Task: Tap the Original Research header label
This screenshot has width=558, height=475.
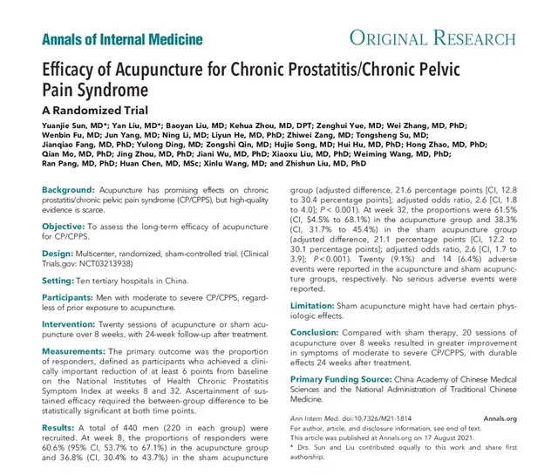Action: click(x=431, y=39)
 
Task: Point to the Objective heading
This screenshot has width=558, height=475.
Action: click(x=65, y=226)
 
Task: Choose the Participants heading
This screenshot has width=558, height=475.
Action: click(x=71, y=299)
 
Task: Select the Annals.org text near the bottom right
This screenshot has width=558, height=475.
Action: click(x=500, y=418)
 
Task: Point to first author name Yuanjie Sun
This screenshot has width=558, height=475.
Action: click(x=70, y=126)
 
